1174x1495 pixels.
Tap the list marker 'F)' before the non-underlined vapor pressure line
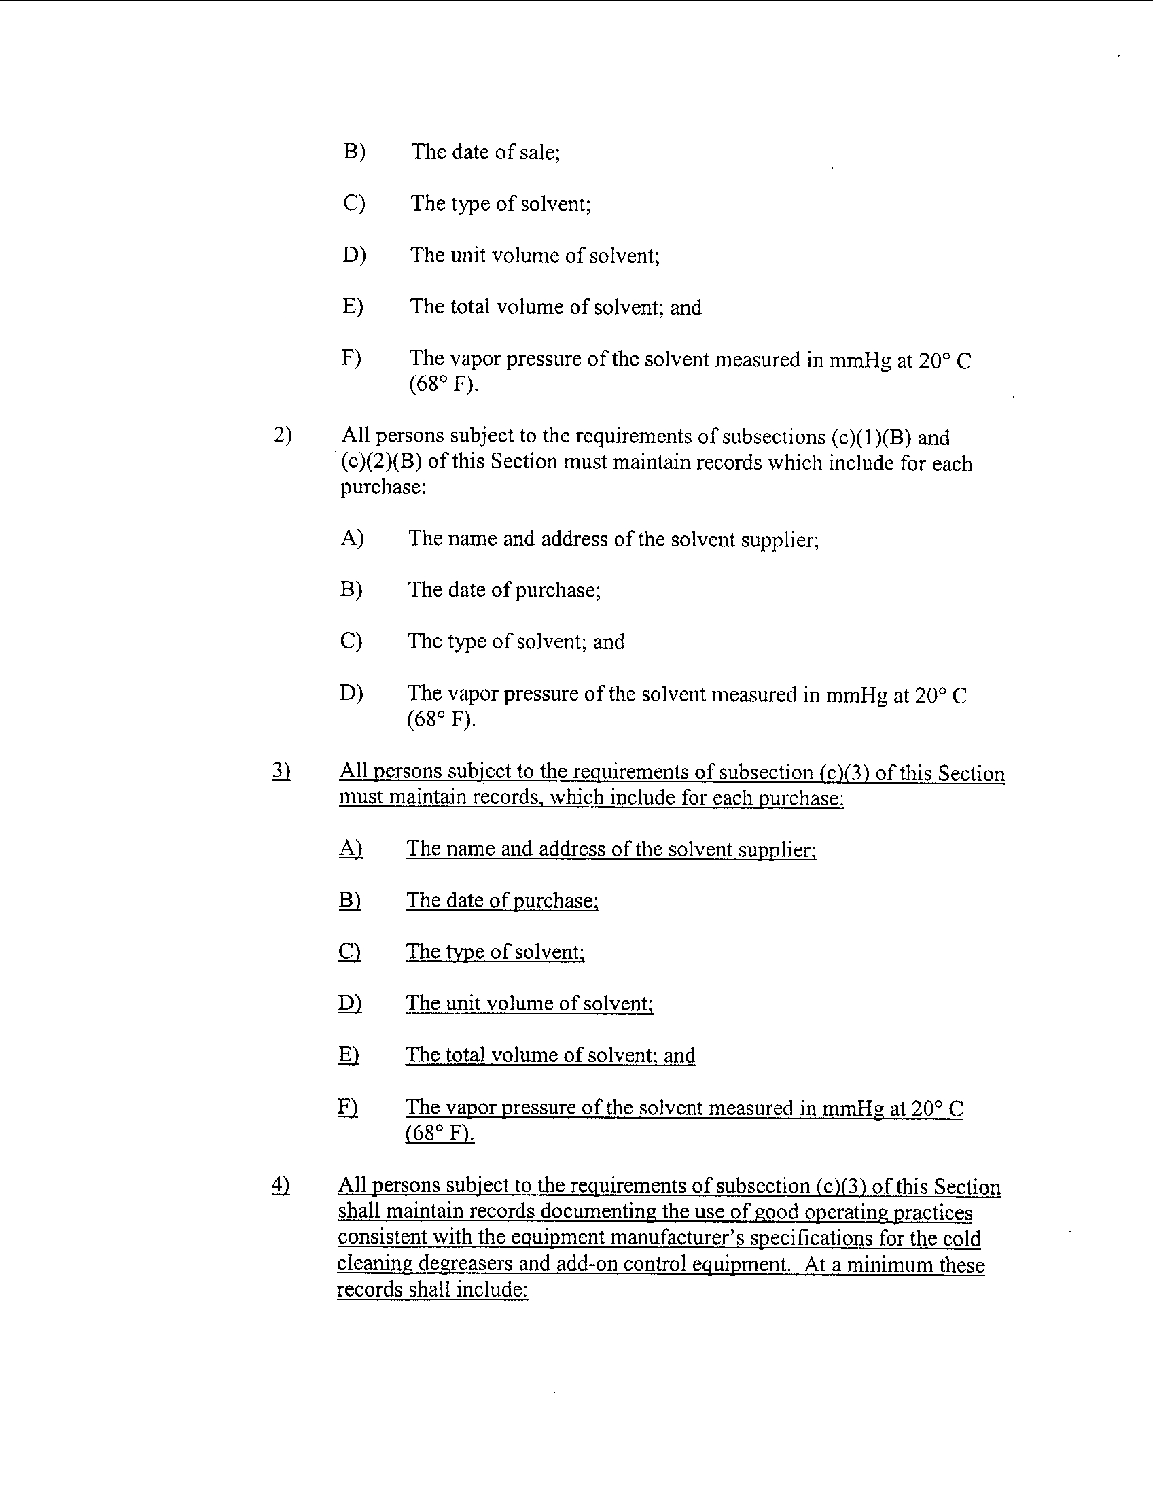351,358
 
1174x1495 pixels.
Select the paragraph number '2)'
283,436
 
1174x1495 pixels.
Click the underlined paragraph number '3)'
281,771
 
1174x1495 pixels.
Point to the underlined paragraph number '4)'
281,1185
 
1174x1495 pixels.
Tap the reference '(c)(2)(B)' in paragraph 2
380,462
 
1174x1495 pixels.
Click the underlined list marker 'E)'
349,1055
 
